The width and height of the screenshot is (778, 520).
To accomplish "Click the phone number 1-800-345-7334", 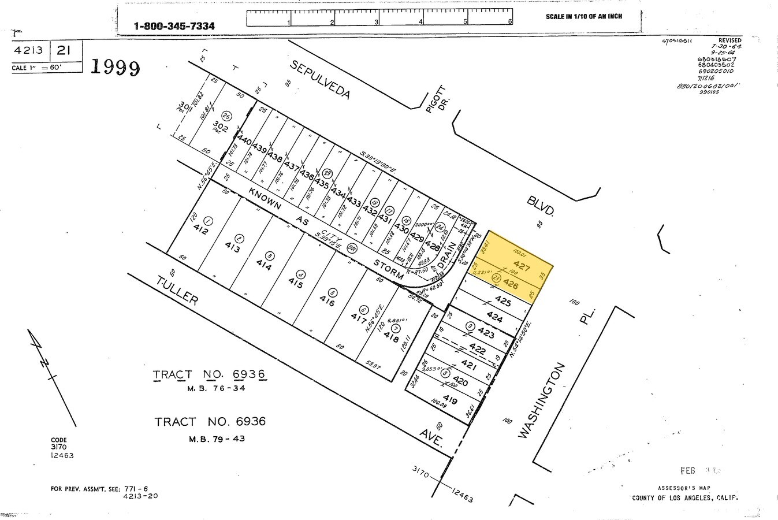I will tap(174, 26).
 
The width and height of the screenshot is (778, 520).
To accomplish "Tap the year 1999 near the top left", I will tap(116, 68).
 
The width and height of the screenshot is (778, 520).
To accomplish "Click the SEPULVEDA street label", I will tap(320, 79).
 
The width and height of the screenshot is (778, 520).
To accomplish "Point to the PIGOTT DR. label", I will tap(437, 98).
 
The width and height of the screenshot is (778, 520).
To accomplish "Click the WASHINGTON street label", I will tap(541, 400).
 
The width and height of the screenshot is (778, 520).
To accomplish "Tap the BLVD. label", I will tap(540, 205).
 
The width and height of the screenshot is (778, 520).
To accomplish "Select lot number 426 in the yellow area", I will tap(511, 285).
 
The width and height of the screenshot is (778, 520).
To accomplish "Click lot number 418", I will tap(391, 336).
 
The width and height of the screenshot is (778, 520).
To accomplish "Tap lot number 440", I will tap(245, 140).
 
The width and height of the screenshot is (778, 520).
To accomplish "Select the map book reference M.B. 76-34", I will tap(216, 388).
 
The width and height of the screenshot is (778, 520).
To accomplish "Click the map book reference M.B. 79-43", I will tap(217, 439).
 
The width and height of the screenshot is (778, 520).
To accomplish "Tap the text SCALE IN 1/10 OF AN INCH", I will tap(583, 16).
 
